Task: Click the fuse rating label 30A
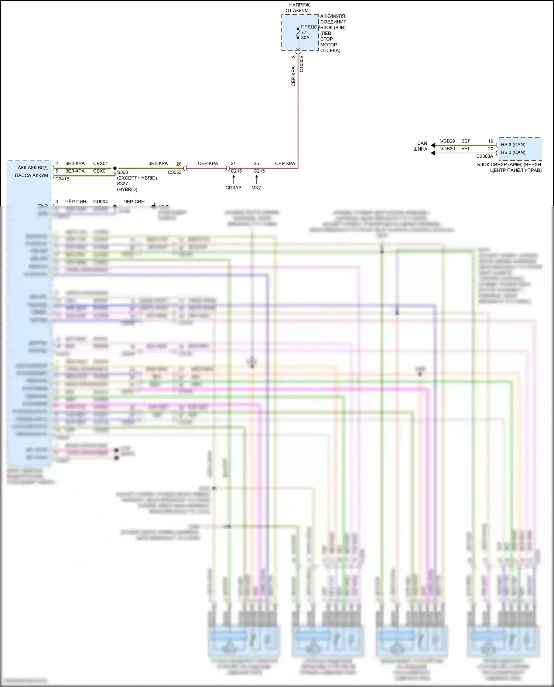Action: (305, 38)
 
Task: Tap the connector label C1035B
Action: (301, 63)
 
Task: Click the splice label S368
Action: (123, 172)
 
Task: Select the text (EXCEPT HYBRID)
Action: (137, 178)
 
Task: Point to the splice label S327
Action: (123, 184)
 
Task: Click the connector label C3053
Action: (175, 172)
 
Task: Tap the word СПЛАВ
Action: (233, 188)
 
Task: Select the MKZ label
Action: (256, 188)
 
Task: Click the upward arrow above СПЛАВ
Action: (233, 179)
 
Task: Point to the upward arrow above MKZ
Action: (256, 179)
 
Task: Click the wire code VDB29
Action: (448, 141)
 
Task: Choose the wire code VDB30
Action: (448, 149)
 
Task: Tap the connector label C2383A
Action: (485, 157)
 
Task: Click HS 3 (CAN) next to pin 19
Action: (513, 145)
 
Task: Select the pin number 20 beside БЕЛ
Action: (490, 149)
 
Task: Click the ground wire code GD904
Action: (100, 202)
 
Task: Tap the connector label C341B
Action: (62, 179)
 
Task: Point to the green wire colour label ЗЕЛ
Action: (466, 141)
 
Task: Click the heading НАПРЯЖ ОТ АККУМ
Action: (297, 8)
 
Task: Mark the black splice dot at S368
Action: (115, 168)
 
